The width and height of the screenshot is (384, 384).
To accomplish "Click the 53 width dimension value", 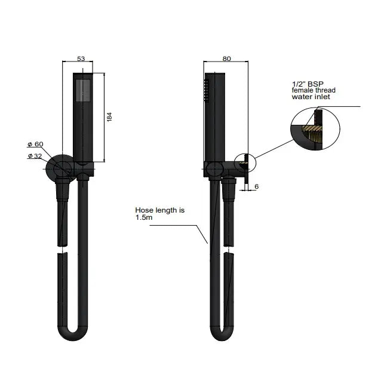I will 84,59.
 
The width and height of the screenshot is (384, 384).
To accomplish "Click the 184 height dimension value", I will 109,117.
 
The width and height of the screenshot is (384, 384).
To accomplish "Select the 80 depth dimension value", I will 226,59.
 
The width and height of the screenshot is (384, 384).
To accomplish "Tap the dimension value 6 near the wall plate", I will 256,187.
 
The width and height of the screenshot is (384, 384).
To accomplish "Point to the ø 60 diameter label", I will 35,145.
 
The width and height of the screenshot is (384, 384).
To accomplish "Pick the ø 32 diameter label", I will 35,156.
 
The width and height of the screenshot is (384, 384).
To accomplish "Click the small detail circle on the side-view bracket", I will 244,162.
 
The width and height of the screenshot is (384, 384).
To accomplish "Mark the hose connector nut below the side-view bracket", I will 229,192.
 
